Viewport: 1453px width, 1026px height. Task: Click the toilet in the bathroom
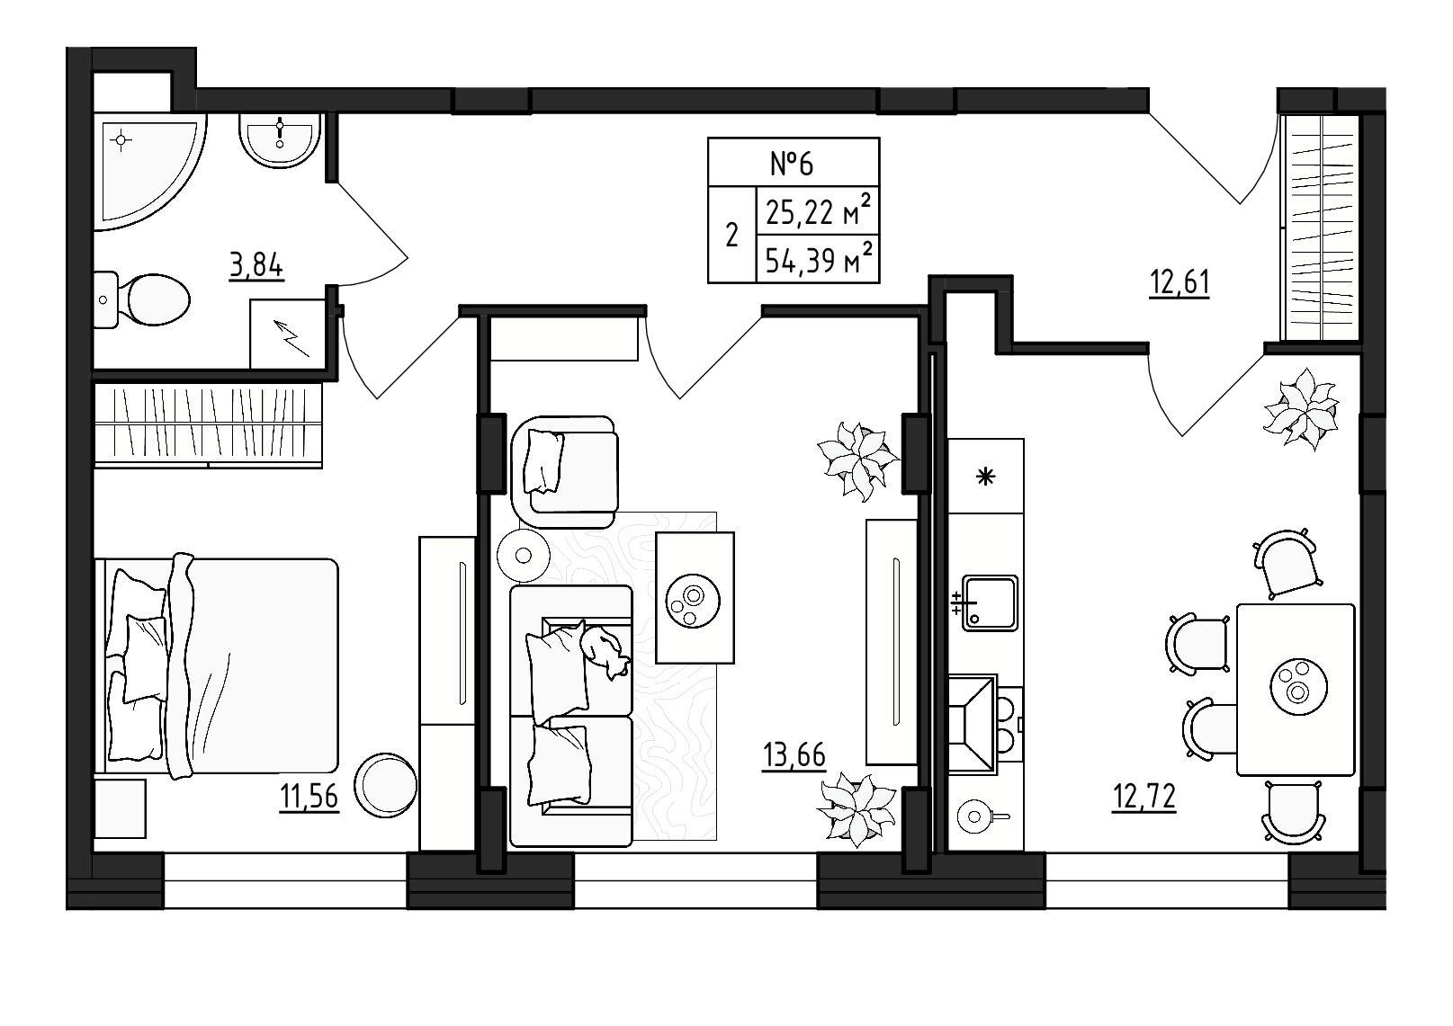(143, 299)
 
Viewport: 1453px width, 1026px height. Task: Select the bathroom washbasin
(280, 139)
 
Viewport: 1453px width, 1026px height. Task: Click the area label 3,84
(256, 265)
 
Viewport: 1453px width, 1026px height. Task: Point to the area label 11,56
(309, 797)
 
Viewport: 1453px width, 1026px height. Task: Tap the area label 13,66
(794, 755)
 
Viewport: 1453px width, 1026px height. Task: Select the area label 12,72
(1144, 798)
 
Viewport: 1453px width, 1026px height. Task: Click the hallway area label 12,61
(1179, 283)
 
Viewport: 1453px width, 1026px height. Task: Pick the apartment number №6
(792, 163)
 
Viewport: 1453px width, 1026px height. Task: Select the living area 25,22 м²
(819, 210)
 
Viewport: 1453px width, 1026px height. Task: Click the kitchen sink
(989, 602)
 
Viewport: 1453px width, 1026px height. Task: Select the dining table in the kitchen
(1296, 690)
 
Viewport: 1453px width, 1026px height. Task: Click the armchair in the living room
(563, 473)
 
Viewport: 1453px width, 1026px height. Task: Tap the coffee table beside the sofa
(695, 598)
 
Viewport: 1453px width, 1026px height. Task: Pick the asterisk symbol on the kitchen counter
(986, 477)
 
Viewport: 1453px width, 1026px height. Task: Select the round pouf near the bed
(385, 785)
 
